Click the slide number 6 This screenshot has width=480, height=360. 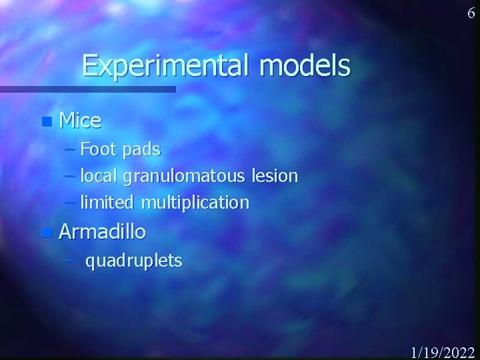471,13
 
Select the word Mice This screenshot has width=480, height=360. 80,121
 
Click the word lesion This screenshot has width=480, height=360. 275,176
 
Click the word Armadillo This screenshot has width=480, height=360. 102,232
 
